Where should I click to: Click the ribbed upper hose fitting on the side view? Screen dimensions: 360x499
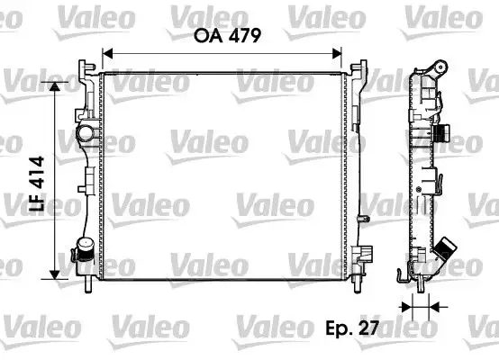[441, 135]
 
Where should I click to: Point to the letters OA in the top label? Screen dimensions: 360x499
[206, 37]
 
